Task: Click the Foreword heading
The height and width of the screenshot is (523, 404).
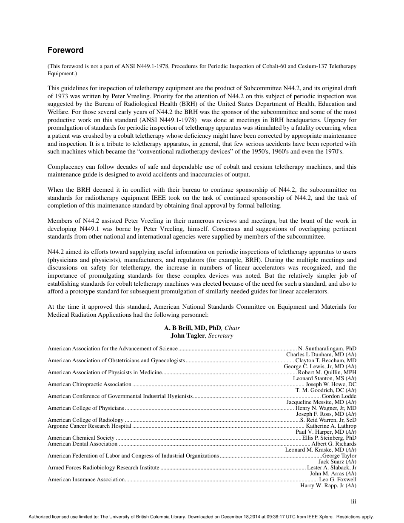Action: pyautogui.click(x=65, y=50)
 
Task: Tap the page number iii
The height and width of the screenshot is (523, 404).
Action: pyautogui.click(x=353, y=501)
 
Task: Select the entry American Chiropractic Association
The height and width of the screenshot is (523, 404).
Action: pyautogui.click(x=89, y=384)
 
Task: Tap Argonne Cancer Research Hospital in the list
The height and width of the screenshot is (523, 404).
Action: pyautogui.click(x=89, y=426)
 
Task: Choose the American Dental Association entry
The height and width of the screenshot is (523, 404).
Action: pyautogui.click(x=83, y=443)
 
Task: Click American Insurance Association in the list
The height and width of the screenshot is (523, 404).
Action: pyautogui.click(x=86, y=479)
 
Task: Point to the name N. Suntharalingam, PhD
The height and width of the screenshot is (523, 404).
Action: pyautogui.click(x=327, y=348)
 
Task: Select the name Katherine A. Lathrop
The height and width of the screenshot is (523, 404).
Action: pyautogui.click(x=331, y=426)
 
